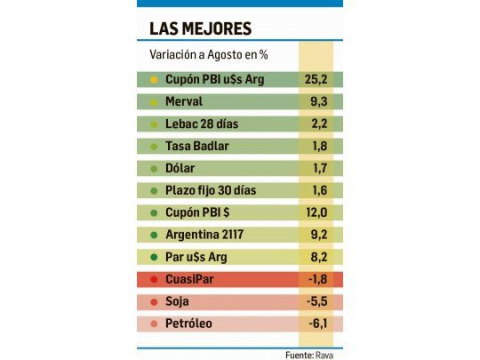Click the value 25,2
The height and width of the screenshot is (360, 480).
pos(317,80)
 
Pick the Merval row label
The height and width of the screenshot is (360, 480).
pos(184,102)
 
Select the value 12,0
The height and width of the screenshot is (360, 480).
pos(317,212)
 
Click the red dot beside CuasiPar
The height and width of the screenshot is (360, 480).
pos(154,279)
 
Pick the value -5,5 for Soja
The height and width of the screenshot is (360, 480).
pos(317,301)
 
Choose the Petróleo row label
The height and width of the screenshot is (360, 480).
pos(188,324)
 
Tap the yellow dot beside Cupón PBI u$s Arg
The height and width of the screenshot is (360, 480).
pos(154,80)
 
